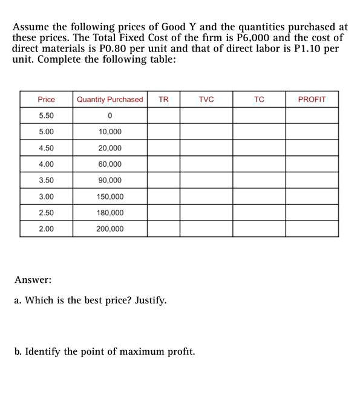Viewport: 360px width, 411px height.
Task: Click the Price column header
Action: (x=46, y=99)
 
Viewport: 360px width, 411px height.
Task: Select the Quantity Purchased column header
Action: (x=110, y=99)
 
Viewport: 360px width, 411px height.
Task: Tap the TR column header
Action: (x=163, y=99)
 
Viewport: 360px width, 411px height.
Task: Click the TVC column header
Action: (x=206, y=99)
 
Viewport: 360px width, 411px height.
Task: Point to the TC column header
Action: (x=259, y=99)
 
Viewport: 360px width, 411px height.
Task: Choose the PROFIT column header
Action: (x=312, y=99)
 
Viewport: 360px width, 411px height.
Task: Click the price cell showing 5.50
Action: (x=46, y=115)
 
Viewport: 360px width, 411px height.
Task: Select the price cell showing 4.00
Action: (x=46, y=164)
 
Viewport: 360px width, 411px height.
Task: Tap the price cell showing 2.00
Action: (x=46, y=229)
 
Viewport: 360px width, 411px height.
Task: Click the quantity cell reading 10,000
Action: (x=110, y=132)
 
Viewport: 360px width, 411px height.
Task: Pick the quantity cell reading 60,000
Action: (x=110, y=164)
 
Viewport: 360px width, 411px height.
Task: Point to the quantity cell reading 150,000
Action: (x=110, y=197)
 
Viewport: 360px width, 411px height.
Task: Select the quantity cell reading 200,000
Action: (x=110, y=229)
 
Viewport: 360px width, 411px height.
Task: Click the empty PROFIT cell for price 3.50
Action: (x=312, y=181)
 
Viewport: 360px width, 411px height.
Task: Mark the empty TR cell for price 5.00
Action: (x=163, y=132)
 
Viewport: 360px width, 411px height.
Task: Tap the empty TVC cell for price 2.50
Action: (x=206, y=213)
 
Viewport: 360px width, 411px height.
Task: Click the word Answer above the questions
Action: (x=33, y=280)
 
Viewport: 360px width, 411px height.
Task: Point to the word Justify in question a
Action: (x=150, y=300)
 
